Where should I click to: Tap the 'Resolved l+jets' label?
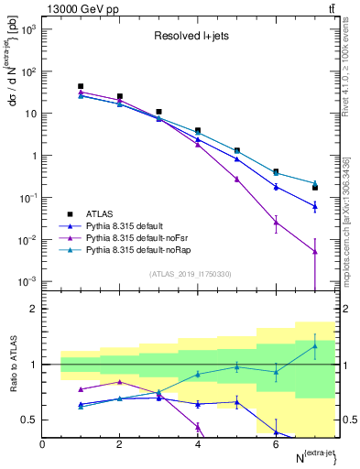(x=189, y=38)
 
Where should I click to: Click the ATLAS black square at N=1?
(x=81, y=86)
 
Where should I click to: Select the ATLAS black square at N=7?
(x=314, y=188)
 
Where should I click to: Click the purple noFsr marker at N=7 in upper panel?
(x=314, y=251)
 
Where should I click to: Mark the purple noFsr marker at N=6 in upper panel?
(x=276, y=222)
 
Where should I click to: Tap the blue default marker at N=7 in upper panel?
(x=314, y=206)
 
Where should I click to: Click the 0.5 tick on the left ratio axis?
(x=29, y=420)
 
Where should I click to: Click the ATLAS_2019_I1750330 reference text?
(x=189, y=274)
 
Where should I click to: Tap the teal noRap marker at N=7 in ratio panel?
(x=314, y=345)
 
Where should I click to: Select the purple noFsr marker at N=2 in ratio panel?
(x=120, y=382)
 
